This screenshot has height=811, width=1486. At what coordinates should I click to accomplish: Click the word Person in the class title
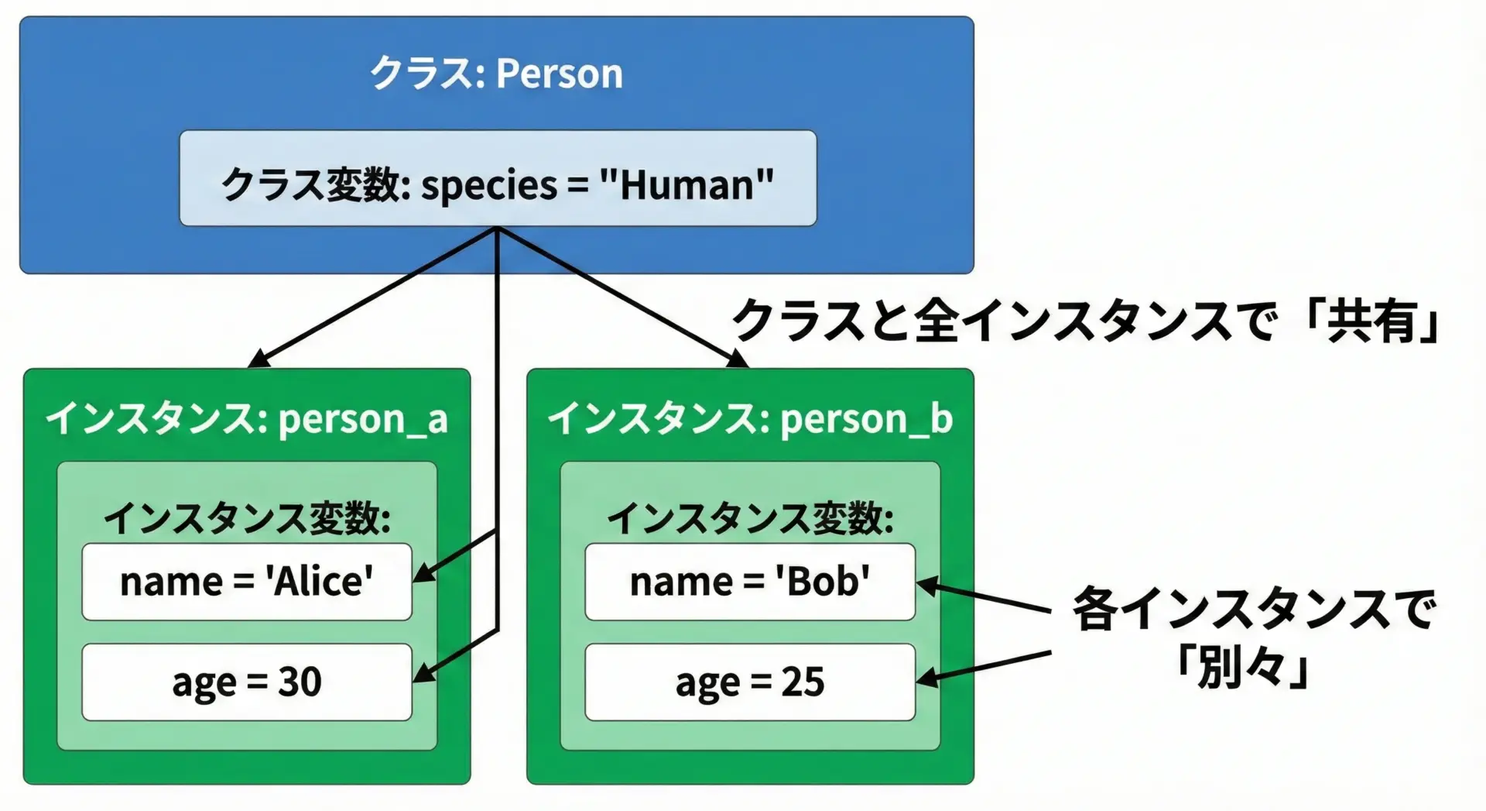point(559,74)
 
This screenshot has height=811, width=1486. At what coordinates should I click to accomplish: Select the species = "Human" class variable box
point(498,178)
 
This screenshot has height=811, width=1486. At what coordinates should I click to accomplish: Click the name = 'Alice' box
point(247,582)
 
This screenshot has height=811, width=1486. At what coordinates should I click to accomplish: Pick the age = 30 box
point(247,682)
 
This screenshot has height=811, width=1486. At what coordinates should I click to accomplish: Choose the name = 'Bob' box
point(750,582)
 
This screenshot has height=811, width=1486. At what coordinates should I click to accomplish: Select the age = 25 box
point(750,682)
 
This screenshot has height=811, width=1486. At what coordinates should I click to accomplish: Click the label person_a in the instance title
point(363,420)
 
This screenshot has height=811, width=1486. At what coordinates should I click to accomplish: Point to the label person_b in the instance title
point(866,420)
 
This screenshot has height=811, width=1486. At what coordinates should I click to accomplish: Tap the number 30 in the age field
point(300,682)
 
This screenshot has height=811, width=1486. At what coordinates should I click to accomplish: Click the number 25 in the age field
point(803,682)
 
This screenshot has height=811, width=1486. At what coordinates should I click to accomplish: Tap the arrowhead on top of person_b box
point(738,359)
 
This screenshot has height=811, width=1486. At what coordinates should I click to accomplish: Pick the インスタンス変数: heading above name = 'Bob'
point(750,518)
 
